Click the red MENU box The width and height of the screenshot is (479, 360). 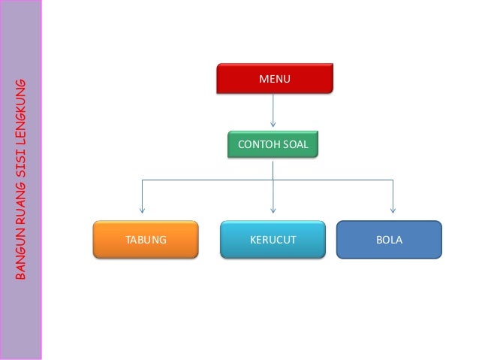[x=274, y=78]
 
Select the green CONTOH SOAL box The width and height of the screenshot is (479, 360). [x=273, y=144]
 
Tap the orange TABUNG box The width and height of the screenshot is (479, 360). [x=146, y=240]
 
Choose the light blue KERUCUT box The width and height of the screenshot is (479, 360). [x=273, y=240]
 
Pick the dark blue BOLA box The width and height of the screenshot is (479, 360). [x=389, y=240]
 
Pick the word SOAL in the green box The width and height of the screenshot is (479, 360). [x=296, y=144]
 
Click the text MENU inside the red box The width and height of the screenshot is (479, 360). [x=274, y=78]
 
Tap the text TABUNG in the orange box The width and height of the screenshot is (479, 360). [x=146, y=241]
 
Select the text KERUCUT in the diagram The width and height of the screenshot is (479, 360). [x=273, y=241]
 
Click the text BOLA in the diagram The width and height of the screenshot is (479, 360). [x=389, y=241]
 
